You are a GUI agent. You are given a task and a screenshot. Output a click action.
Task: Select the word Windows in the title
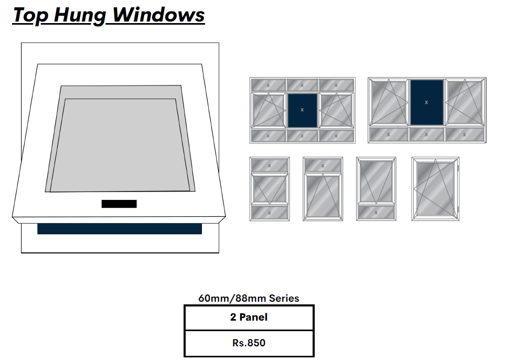[x=158, y=15]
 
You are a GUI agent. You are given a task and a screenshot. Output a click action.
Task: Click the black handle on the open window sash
[x=119, y=204]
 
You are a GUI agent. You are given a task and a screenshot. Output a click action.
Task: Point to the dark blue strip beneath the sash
[x=119, y=229]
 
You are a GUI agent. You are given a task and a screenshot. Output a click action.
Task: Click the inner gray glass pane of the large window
[x=120, y=144]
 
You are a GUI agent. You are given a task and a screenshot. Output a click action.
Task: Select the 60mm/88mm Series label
[x=249, y=298]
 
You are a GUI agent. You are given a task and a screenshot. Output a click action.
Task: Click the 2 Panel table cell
[x=249, y=317]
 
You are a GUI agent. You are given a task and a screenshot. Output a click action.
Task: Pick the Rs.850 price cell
[x=249, y=343]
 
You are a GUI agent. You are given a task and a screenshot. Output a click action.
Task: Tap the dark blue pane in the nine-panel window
[x=302, y=110]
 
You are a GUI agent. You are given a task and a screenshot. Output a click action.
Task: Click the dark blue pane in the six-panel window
[x=426, y=102]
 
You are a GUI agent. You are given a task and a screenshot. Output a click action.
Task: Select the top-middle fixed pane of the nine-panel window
[x=302, y=85]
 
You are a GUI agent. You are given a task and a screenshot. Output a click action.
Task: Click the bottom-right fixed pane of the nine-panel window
[x=337, y=136]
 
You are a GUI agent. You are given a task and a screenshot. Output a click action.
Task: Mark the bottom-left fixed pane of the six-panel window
[x=388, y=134]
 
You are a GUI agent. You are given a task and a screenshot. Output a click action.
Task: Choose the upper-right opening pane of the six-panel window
[x=465, y=102]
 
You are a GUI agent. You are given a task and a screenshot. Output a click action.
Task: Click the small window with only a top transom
[x=323, y=189]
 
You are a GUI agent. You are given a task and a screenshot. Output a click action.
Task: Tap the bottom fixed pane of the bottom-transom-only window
[x=376, y=213]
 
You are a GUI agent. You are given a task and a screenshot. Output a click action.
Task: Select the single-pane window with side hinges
[x=435, y=189]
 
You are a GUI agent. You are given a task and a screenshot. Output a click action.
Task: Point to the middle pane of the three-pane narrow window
[x=269, y=189]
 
